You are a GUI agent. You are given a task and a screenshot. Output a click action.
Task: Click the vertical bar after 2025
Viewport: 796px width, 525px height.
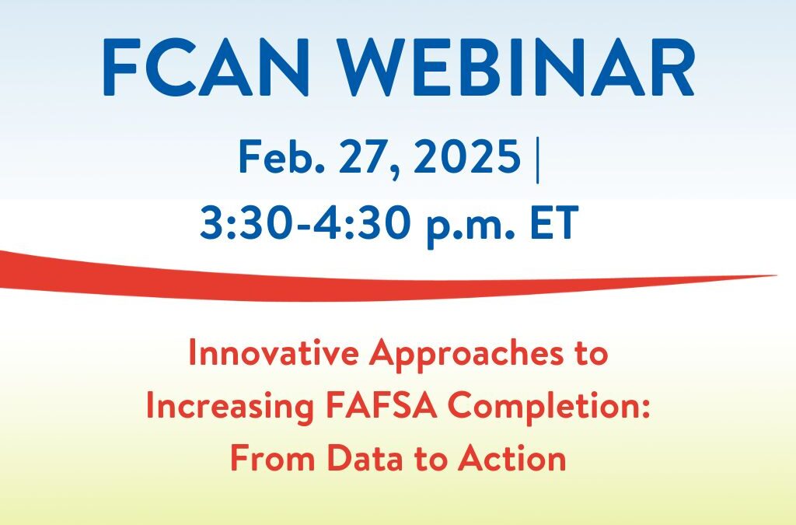(x=538, y=159)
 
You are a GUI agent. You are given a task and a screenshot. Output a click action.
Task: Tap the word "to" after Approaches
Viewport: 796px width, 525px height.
(x=590, y=355)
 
